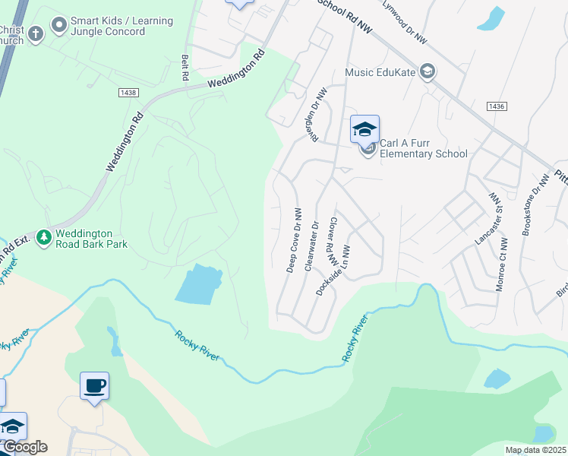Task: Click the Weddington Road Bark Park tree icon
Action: (44, 238)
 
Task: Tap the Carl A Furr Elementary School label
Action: (423, 148)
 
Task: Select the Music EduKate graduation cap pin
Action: (427, 72)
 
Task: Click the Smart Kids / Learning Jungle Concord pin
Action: (58, 27)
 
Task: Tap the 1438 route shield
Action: (128, 92)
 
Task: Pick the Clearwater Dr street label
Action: (310, 245)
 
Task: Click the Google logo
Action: (25, 447)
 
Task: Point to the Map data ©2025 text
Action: (535, 450)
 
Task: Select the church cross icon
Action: (35, 33)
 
